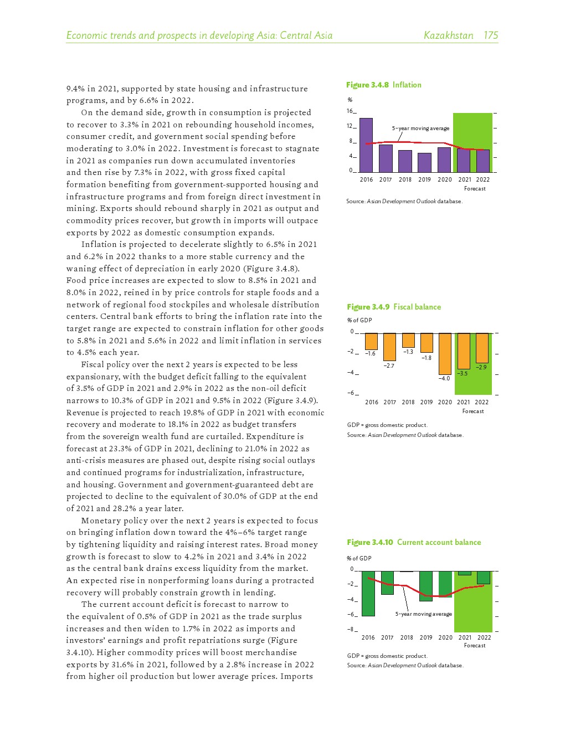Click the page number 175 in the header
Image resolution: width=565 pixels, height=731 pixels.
click(491, 35)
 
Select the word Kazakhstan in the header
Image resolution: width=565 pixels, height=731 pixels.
click(448, 35)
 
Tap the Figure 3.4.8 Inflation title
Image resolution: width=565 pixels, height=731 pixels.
click(383, 85)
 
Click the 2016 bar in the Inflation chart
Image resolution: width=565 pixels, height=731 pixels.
click(366, 145)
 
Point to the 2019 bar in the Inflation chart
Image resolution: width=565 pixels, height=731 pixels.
click(424, 162)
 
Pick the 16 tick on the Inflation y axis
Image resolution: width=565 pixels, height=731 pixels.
click(350, 111)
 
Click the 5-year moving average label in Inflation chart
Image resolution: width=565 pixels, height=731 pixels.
click(420, 128)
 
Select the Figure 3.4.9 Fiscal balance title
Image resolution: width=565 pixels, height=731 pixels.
click(394, 307)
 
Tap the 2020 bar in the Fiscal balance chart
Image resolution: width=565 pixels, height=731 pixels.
click(445, 353)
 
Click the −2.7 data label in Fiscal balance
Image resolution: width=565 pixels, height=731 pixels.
click(389, 365)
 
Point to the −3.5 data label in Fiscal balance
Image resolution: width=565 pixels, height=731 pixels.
click(462, 373)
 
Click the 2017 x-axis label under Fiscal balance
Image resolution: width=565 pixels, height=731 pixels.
click(389, 402)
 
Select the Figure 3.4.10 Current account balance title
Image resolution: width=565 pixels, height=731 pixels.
click(414, 542)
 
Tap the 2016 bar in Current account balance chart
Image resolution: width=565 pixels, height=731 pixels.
click(368, 593)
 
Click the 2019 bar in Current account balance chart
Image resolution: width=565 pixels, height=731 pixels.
click(426, 586)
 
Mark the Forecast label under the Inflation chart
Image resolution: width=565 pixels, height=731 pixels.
click(475, 189)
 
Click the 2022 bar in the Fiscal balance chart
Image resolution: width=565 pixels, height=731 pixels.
click(482, 348)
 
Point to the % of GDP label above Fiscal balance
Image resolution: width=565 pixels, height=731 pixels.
click(359, 320)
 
